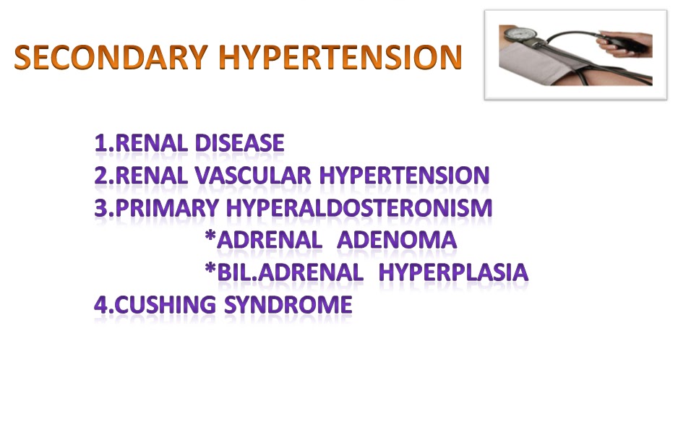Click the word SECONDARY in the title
[111, 57]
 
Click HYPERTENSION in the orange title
[340, 57]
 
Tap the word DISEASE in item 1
[239, 143]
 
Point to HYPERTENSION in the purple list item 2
[404, 176]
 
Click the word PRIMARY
[167, 208]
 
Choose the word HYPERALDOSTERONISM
[359, 208]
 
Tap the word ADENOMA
[397, 240]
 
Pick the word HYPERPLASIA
[453, 272]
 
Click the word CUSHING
[166, 305]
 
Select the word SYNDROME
[288, 305]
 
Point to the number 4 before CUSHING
[101, 305]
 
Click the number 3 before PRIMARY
[101, 208]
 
